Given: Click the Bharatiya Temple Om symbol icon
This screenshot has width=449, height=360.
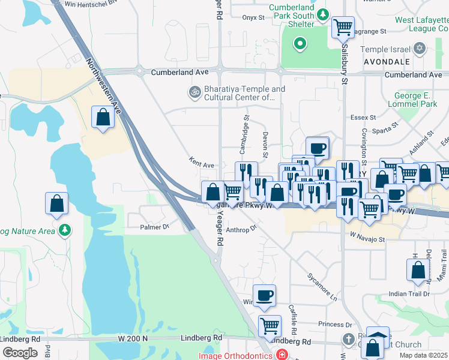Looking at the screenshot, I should pos(194,92).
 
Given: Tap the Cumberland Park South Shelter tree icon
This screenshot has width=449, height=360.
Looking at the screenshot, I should pos(323,14).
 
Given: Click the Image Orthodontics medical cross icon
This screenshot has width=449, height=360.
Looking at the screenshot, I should pos(282,355).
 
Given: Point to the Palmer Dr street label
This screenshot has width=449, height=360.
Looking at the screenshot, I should pos(155,227).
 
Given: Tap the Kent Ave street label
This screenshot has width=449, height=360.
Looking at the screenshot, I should pos(201,163).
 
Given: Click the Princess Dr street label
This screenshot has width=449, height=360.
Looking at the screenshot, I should pos(335,324).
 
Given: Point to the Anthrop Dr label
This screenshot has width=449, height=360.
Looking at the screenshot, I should pos(242,229).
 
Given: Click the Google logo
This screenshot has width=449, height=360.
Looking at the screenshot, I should pos(20,352).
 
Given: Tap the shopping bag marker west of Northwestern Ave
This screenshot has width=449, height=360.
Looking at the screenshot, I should pos(103,117).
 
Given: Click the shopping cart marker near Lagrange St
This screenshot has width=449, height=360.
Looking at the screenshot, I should pos(343,27).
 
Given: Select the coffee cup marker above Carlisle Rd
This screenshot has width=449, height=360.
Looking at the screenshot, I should pos(264,295).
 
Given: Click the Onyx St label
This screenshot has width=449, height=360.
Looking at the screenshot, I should pos(253,17).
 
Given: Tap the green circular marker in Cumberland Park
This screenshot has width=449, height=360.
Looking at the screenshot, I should pos(300,44).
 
